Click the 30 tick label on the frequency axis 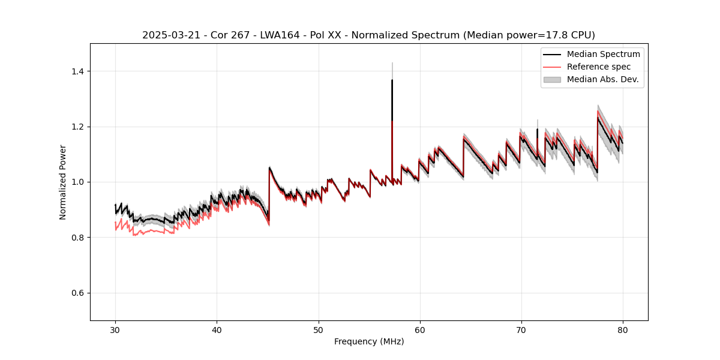[x=115, y=329]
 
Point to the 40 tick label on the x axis [x=217, y=329]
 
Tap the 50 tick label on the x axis [x=318, y=329]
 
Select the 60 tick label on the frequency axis [x=419, y=329]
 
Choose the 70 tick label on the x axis [x=521, y=329]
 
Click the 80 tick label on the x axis [x=622, y=329]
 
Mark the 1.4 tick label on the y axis [x=77, y=71]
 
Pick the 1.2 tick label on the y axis [x=77, y=127]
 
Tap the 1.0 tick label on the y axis [x=77, y=182]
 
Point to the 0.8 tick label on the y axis [x=77, y=238]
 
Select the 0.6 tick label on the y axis [x=77, y=293]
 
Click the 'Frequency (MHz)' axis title [x=369, y=341]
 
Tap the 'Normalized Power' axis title [x=63, y=182]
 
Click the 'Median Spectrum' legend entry [x=603, y=54]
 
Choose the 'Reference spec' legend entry [x=598, y=67]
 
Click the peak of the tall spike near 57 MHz [x=392, y=80]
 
